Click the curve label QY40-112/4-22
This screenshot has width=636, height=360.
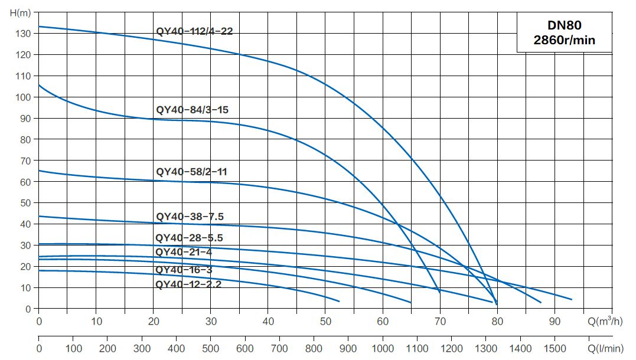194,31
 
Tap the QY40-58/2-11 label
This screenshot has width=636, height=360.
191,172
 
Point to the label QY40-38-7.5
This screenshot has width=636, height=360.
190,217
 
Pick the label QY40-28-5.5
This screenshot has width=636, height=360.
189,238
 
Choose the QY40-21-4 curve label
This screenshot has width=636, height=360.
183,252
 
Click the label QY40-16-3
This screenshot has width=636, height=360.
183,270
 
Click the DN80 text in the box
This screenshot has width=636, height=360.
564,25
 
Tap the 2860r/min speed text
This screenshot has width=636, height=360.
564,40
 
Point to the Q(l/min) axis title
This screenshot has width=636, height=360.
605,349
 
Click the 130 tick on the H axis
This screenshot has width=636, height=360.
23,34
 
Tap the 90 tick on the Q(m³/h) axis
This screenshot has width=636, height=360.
555,321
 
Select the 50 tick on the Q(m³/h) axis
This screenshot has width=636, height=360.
325,321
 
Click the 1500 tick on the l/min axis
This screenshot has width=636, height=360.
555,349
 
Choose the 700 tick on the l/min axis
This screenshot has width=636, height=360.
279,349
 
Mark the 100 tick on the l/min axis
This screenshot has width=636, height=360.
73,349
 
